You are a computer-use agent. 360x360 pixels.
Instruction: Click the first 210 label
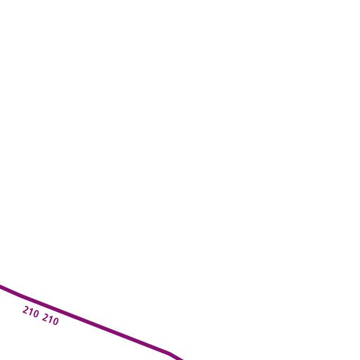coord(31,312)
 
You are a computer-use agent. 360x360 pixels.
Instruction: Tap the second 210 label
coord(51,319)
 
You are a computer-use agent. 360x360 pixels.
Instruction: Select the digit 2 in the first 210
coord(25,310)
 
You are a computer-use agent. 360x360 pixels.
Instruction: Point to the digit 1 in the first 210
coord(31,312)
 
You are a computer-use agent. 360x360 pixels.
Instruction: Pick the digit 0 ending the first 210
coord(36,314)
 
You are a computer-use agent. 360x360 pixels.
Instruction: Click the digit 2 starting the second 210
coord(45,317)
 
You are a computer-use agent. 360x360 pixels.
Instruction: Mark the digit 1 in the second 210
coord(51,319)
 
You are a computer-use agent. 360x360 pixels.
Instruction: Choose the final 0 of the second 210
coord(56,321)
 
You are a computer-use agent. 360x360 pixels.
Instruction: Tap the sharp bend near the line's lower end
coord(168,352)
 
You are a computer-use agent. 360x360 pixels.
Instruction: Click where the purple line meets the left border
coord(1,286)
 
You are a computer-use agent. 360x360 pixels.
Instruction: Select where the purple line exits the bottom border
coord(181,359)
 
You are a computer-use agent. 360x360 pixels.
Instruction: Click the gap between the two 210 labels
coord(41,316)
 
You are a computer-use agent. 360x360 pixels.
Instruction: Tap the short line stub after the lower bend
coord(174,356)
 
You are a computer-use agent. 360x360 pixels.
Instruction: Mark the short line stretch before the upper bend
coord(11,291)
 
